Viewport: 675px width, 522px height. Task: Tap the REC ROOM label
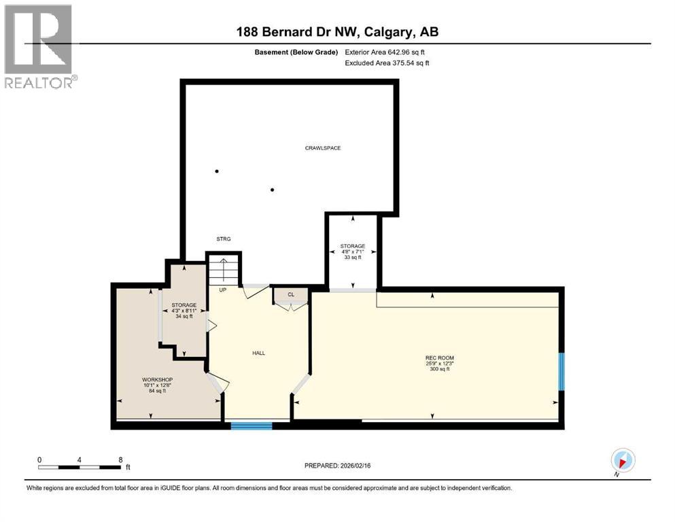439,358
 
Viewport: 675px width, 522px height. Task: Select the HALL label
258,353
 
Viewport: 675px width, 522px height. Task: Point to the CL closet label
291,294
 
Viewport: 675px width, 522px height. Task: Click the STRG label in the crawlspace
224,239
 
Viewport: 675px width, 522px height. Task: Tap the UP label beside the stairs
222,290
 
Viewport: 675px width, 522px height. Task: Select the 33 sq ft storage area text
353,258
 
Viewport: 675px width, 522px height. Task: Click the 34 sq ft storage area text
184,316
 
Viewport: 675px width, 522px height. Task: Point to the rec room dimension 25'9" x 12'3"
439,364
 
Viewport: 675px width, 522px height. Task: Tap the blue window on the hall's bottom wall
251,426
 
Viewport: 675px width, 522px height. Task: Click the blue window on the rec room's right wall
561,371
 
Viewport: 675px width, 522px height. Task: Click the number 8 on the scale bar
120,459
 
